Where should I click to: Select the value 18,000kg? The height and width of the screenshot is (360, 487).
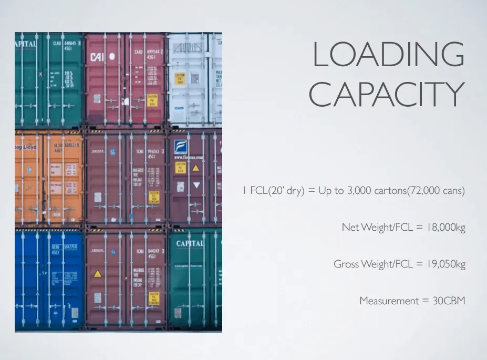(x=446, y=227)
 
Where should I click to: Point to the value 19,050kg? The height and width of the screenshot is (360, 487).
(x=446, y=264)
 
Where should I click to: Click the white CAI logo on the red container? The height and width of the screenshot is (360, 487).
(x=98, y=57)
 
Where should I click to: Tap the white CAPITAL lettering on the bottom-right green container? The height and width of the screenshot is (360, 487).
(x=190, y=243)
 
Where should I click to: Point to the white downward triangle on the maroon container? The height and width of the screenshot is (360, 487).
(x=196, y=185)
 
